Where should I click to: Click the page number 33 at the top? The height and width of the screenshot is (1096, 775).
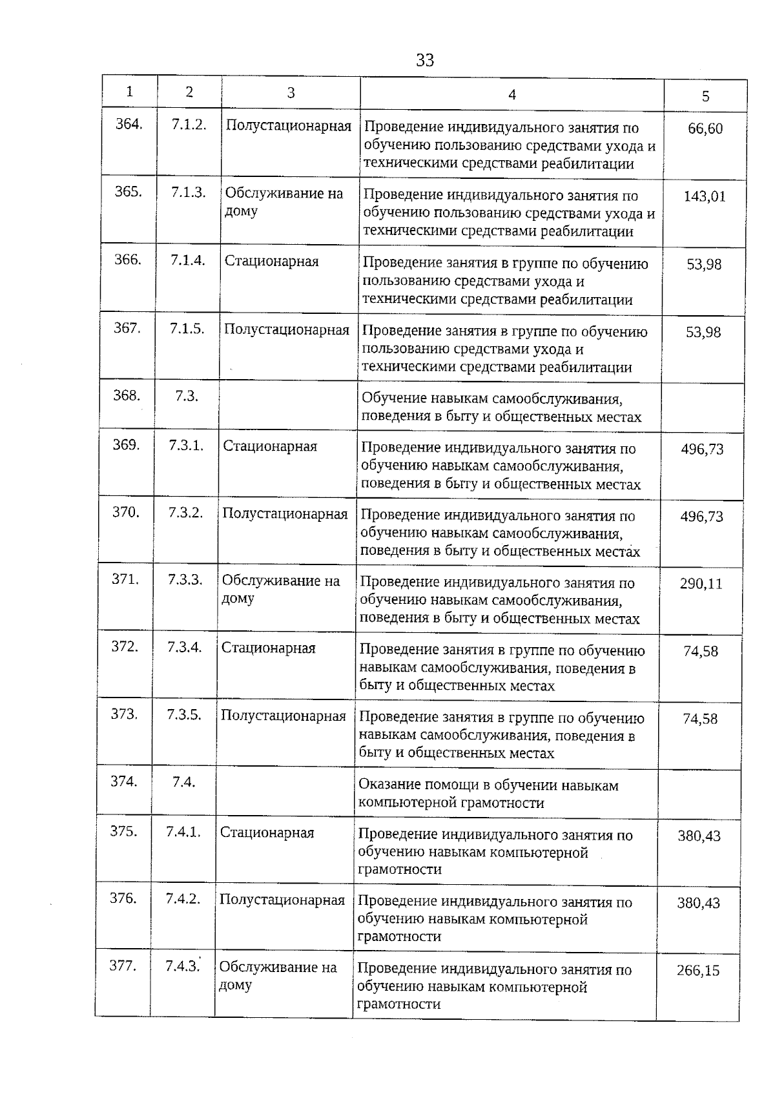(x=425, y=61)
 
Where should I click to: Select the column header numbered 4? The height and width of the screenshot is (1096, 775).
(x=512, y=95)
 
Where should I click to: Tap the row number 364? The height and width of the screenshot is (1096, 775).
(x=129, y=124)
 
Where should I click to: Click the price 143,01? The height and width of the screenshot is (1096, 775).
(x=705, y=196)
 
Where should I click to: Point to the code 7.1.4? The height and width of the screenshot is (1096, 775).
(x=188, y=260)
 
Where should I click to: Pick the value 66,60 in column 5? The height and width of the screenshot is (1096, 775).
(x=705, y=129)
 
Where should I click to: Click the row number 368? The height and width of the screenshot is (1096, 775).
(x=127, y=395)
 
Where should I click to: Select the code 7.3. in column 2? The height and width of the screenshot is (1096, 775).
(x=186, y=396)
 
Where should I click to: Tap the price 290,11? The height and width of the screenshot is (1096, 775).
(x=701, y=584)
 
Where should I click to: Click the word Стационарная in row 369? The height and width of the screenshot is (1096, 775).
(x=270, y=446)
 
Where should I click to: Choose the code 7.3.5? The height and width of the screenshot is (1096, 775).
(x=184, y=715)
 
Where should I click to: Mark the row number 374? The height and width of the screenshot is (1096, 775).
(x=124, y=781)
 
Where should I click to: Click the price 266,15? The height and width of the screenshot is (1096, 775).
(x=698, y=971)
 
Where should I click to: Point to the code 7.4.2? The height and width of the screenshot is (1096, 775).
(x=183, y=899)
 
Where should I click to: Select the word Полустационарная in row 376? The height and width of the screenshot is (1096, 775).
(x=282, y=900)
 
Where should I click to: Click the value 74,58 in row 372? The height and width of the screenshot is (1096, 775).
(x=701, y=651)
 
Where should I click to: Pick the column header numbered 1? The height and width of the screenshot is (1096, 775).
(x=130, y=92)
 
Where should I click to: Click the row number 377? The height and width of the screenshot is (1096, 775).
(x=123, y=966)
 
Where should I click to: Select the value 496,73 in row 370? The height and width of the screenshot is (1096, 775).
(x=702, y=517)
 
